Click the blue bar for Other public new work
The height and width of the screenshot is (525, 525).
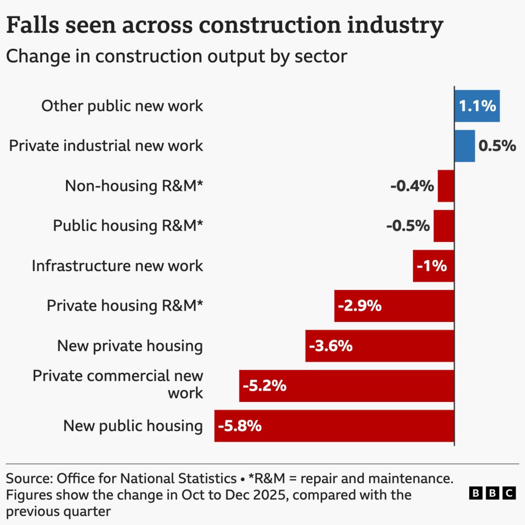477,106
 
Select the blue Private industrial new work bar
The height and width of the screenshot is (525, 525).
465,146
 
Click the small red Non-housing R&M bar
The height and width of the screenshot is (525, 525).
446,186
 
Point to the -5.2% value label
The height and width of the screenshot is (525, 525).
265,386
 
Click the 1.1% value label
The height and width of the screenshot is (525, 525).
477,106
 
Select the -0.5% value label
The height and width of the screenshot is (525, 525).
408,226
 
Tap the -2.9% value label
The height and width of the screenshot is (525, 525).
359,306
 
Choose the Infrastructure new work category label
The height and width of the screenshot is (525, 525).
117,266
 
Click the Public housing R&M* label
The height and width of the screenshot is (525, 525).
128,226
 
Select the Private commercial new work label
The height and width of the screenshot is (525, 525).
118,385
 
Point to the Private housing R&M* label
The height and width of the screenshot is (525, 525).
125,306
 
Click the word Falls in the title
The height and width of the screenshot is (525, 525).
34,26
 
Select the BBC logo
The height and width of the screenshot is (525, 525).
492,493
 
